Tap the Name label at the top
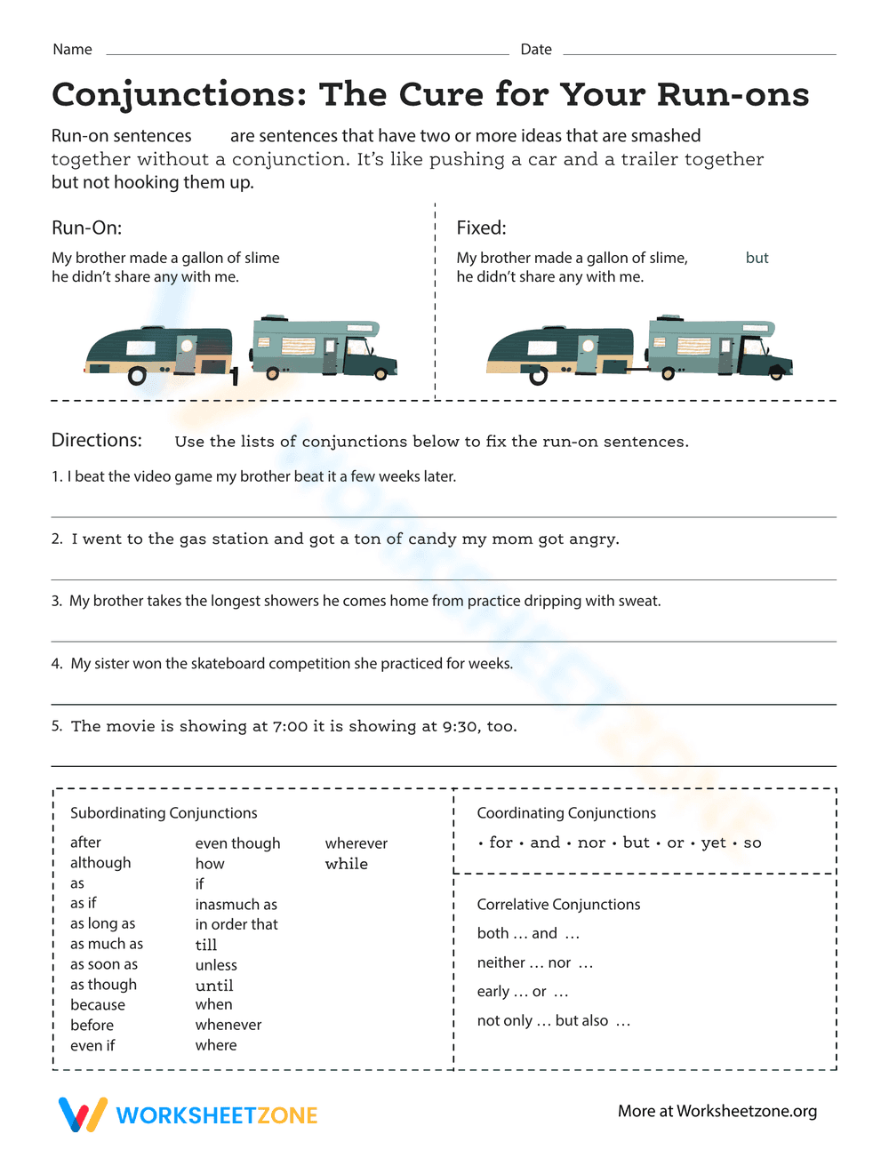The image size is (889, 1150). [x=72, y=50]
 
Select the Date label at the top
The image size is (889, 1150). [x=536, y=50]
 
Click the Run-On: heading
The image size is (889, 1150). [x=86, y=228]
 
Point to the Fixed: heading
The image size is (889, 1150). [x=481, y=228]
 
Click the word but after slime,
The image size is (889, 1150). [x=757, y=259]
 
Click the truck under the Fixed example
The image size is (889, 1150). [x=720, y=347]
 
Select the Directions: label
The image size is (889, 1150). [x=96, y=441]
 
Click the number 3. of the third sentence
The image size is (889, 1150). [x=57, y=602]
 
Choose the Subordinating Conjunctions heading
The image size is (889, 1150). [x=164, y=813]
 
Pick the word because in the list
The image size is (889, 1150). [x=98, y=1005]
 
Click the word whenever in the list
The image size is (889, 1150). [x=228, y=1025]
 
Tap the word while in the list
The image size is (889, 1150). [x=346, y=864]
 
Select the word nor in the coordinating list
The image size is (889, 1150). [x=591, y=843]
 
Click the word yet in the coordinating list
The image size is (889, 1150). [x=713, y=843]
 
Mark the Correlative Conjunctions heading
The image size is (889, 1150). [x=558, y=905]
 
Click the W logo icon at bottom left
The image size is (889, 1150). [x=82, y=1114]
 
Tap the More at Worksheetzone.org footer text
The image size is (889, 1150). [x=717, y=1112]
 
